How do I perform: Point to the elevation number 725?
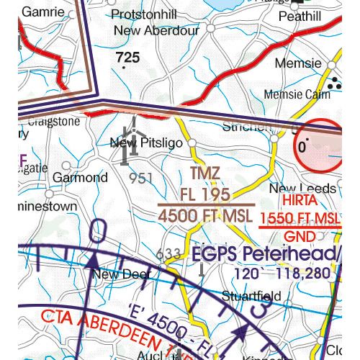[127, 56]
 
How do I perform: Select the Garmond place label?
[81, 177]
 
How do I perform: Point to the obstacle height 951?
[141, 177]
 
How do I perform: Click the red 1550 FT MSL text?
[299, 219]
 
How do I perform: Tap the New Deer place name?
[122, 274]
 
